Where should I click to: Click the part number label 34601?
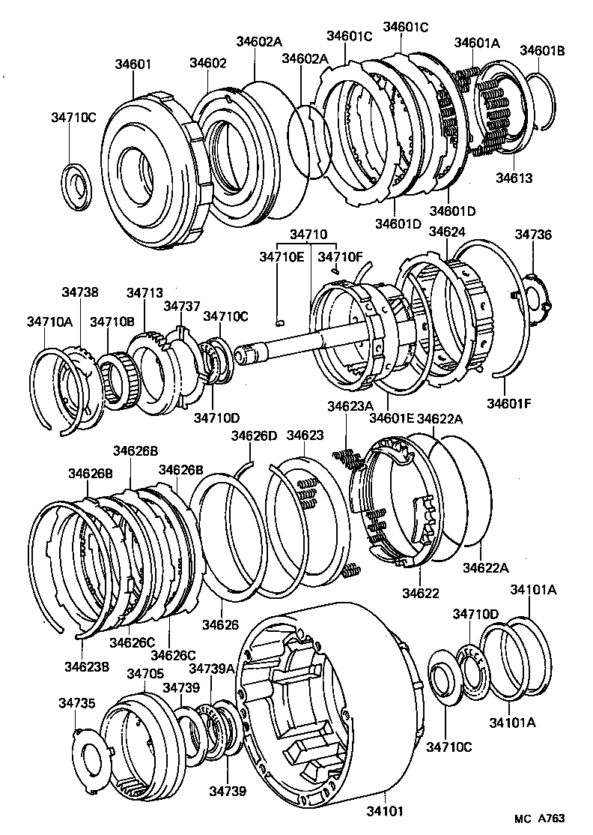pos(133,64)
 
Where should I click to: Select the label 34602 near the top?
pos(207,64)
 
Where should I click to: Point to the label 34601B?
pos(542,51)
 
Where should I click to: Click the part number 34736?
pos(532,235)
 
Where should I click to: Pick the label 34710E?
pos(282,256)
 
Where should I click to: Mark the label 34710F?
pos(340,256)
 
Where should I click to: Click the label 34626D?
pos(253,435)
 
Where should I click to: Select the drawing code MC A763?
pos(539,819)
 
